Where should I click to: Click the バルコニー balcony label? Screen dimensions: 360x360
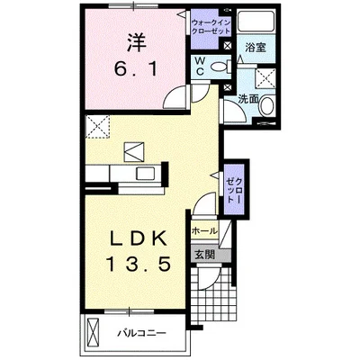[141, 334]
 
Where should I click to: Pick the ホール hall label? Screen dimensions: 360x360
[203, 231]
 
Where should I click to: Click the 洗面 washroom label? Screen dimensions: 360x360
[249, 100]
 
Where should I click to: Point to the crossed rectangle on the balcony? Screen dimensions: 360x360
[94, 334]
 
